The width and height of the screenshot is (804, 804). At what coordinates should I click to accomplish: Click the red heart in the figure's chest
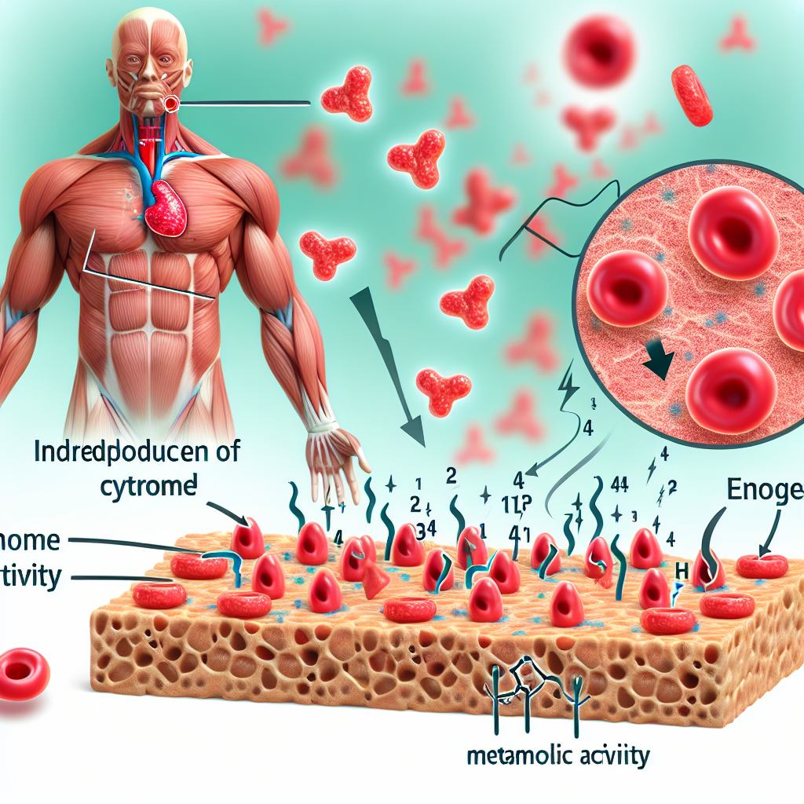click(166, 207)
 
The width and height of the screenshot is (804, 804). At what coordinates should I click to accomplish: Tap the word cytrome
click(149, 484)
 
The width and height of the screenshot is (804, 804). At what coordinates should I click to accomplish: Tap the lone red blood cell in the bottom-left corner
click(24, 674)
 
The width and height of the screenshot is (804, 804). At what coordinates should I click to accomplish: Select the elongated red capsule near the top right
click(691, 95)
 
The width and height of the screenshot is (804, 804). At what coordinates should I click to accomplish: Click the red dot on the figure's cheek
click(172, 103)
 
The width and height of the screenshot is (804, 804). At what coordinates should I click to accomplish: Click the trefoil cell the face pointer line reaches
click(346, 93)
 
